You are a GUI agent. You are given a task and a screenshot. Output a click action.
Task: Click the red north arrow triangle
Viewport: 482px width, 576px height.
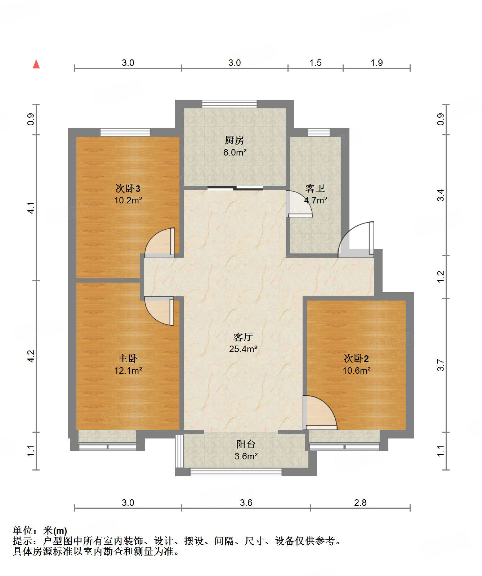pos(36,64)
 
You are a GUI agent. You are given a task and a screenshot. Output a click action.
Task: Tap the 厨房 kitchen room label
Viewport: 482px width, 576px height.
pos(235,140)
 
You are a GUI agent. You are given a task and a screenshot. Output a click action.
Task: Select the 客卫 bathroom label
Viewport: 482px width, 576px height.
pos(315,188)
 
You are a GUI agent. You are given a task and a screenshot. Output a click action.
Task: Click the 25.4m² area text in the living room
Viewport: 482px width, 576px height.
pos(243,349)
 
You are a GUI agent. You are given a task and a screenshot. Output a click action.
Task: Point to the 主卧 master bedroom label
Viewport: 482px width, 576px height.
pos(128,359)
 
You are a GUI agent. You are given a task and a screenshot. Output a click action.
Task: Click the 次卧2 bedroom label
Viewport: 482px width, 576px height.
pos(356,359)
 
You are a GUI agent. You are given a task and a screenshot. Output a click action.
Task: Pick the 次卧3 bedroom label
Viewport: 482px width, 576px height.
pos(128,188)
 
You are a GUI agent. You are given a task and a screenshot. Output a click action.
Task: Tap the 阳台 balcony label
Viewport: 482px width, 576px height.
pos(246,444)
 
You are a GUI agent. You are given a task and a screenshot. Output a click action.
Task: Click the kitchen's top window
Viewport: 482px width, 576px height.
pos(229,104)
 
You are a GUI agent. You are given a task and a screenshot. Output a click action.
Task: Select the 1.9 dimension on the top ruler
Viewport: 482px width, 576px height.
pos(377,63)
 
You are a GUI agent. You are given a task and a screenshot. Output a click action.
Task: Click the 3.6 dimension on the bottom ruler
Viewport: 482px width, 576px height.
pos(246,503)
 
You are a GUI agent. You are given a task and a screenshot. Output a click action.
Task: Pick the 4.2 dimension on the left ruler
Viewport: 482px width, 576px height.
pos(31,356)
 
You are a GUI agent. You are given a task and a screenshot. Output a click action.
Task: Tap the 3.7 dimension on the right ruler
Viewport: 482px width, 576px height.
pos(441,365)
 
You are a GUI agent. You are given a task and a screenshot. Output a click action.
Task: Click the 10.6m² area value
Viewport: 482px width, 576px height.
pos(357,370)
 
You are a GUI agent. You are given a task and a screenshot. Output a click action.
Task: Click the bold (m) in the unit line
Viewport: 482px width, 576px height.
pos(60,531)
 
